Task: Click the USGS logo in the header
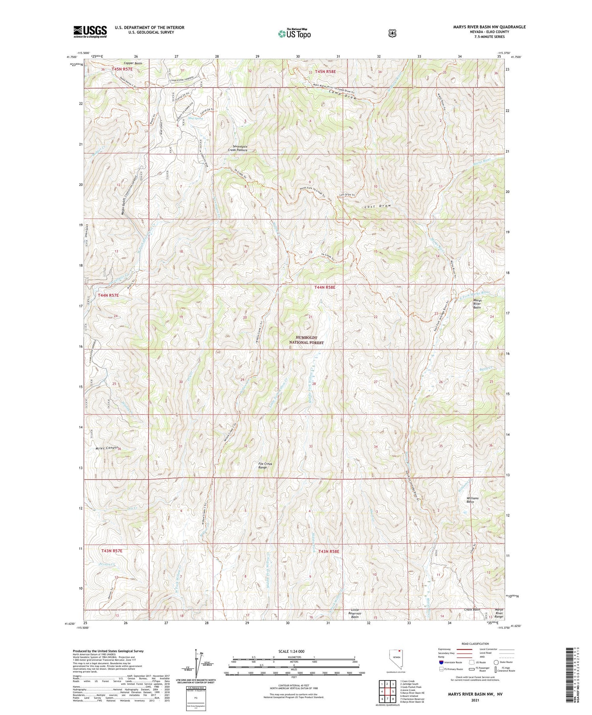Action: pyautogui.click(x=90, y=32)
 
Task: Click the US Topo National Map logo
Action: pyautogui.click(x=294, y=34)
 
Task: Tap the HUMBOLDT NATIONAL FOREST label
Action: pyautogui.click(x=306, y=340)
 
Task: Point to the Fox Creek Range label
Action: pyautogui.click(x=265, y=466)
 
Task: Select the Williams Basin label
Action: pyautogui.click(x=472, y=500)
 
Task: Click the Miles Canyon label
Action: pyautogui.click(x=107, y=448)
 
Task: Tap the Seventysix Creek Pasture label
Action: pyautogui.click(x=238, y=148)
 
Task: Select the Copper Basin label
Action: pyautogui.click(x=133, y=63)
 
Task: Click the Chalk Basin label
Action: pyautogui.click(x=472, y=609)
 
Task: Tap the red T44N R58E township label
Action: pyautogui.click(x=325, y=287)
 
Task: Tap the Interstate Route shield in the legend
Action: pyautogui.click(x=441, y=662)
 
